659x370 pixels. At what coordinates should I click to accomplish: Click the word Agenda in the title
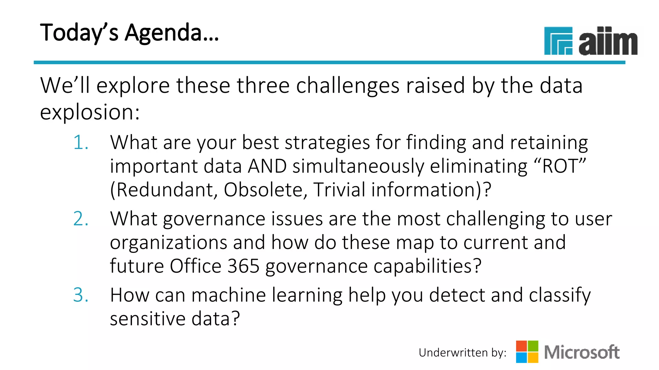[172, 33]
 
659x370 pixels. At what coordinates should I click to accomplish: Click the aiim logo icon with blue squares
[558, 41]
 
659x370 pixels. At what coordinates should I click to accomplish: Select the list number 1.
[80, 142]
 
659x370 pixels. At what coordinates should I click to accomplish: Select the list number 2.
[80, 219]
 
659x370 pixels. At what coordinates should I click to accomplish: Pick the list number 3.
[80, 295]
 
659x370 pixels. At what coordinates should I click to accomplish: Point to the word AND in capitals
[267, 166]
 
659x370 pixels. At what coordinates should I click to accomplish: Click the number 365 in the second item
[243, 266]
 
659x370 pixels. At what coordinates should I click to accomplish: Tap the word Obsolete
[263, 189]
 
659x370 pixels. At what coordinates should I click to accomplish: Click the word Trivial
[339, 189]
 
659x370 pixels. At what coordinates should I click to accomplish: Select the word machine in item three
[228, 295]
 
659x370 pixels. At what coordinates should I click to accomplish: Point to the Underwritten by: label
[462, 353]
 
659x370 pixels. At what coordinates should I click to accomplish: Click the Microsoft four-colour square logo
[527, 352]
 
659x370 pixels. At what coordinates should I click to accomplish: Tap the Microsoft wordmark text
[581, 352]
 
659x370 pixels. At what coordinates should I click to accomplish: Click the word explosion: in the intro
[90, 112]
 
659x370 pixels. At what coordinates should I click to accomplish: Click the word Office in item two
[195, 266]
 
